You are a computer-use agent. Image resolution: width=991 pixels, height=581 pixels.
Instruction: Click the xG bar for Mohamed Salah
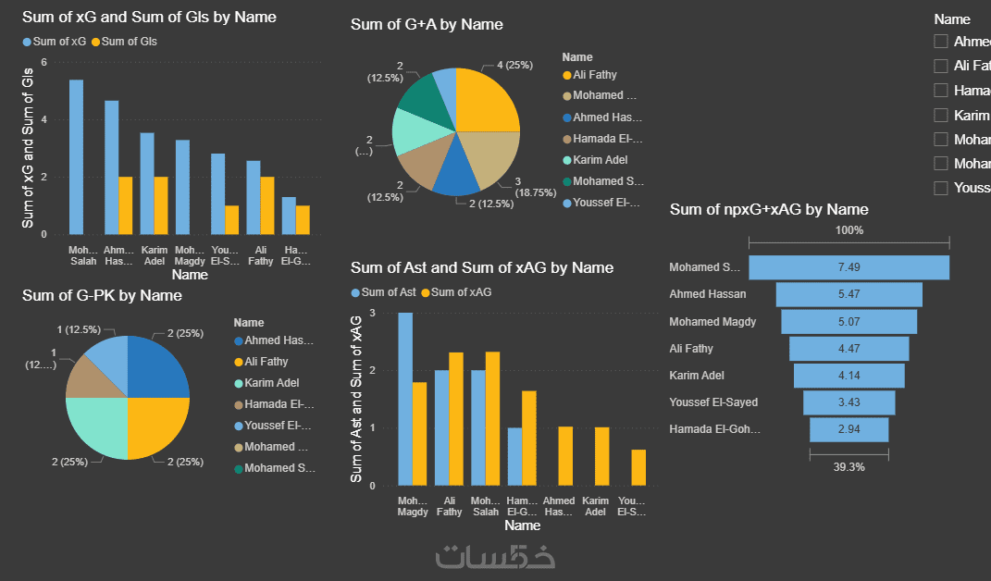(x=76, y=157)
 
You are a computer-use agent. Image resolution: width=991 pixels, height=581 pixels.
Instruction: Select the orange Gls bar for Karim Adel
(x=160, y=205)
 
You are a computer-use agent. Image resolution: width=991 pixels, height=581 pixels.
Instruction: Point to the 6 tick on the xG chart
(x=43, y=63)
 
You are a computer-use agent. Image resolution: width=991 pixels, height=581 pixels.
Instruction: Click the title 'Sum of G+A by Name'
(x=427, y=24)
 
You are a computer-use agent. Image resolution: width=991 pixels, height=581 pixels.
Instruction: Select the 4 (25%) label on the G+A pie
(x=514, y=66)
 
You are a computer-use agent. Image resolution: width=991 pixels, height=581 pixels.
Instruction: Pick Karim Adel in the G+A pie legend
(x=600, y=160)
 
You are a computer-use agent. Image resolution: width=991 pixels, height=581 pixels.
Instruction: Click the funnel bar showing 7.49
(x=849, y=267)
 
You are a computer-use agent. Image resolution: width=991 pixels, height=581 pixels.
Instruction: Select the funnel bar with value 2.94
(x=849, y=430)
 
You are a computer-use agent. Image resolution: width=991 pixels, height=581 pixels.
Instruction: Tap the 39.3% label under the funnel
(x=849, y=467)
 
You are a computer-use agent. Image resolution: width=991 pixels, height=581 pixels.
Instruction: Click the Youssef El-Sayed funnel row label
(x=712, y=402)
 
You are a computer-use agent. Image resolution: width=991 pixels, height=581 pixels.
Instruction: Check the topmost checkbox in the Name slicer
(x=941, y=42)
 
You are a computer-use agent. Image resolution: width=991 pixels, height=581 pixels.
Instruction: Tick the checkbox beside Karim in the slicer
(x=941, y=115)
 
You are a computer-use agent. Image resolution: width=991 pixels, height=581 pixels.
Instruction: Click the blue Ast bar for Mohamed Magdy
(x=405, y=399)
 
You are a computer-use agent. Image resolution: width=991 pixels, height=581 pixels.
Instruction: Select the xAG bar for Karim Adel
(x=602, y=456)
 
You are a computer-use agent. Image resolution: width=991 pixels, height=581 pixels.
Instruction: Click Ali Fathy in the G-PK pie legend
(x=266, y=362)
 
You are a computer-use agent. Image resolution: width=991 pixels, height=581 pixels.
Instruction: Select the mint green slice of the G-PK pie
(x=96, y=428)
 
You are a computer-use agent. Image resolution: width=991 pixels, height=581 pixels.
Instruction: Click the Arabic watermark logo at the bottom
(x=496, y=556)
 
